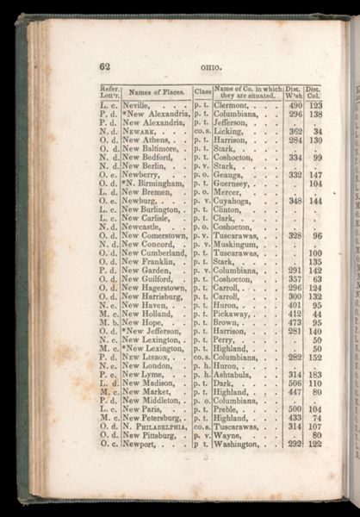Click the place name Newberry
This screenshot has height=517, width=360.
pyautogui.click(x=140, y=174)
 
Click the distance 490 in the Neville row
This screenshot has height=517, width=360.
pyautogui.click(x=295, y=104)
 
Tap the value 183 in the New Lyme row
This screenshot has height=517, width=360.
pyautogui.click(x=316, y=375)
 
